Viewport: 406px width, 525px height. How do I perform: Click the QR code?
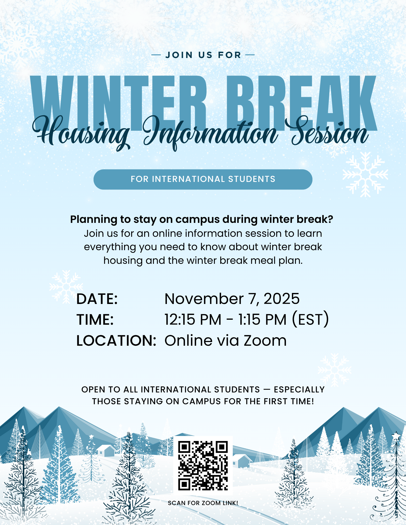coord(203,465)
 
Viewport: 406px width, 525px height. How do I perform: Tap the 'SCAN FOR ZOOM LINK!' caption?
coord(203,503)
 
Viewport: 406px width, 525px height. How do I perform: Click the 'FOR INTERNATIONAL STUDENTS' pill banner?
coord(203,179)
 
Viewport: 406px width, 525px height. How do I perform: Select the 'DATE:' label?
coord(97,299)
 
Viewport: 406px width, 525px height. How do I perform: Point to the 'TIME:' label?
coord(95,320)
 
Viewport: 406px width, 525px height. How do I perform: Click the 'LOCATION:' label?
coord(116,340)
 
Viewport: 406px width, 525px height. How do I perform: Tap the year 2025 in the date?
coord(281,299)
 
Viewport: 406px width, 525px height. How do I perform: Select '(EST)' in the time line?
coord(310,319)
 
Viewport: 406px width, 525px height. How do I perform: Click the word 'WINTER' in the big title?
coord(118,102)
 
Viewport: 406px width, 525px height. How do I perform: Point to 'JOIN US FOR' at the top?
coord(203,55)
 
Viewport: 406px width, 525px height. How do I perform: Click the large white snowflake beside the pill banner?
coord(365,175)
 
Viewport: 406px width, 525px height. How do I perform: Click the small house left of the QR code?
coord(106,450)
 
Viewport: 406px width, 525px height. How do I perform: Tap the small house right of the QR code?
coord(241,461)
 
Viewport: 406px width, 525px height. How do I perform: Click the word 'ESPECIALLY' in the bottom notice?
coord(299,390)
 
